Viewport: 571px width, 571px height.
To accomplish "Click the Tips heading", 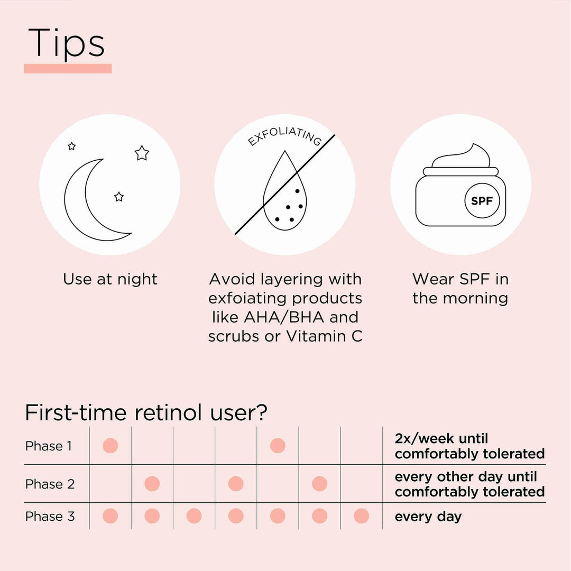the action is (x=66, y=43).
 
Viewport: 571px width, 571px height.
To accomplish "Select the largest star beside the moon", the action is (x=142, y=153).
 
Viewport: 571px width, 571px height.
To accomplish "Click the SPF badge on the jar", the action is (x=482, y=201).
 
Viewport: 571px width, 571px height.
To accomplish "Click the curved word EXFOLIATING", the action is (x=285, y=136).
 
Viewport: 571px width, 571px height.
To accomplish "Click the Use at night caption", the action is (x=110, y=279).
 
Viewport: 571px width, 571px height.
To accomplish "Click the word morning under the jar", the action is (x=476, y=299).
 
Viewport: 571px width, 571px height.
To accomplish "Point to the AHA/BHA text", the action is (x=284, y=317).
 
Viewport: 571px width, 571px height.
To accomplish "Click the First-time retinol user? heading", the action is (x=146, y=412).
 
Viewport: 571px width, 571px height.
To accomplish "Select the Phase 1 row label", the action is (x=49, y=446).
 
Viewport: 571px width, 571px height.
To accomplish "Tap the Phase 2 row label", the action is (x=50, y=484).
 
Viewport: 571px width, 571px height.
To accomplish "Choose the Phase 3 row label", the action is (x=50, y=516).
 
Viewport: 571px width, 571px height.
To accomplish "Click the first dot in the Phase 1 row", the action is (x=110, y=446).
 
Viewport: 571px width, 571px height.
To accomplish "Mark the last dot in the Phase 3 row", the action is (x=361, y=516).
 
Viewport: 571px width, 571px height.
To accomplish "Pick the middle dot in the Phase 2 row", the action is (x=236, y=484).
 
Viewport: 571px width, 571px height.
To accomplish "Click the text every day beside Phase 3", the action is (x=428, y=517).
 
